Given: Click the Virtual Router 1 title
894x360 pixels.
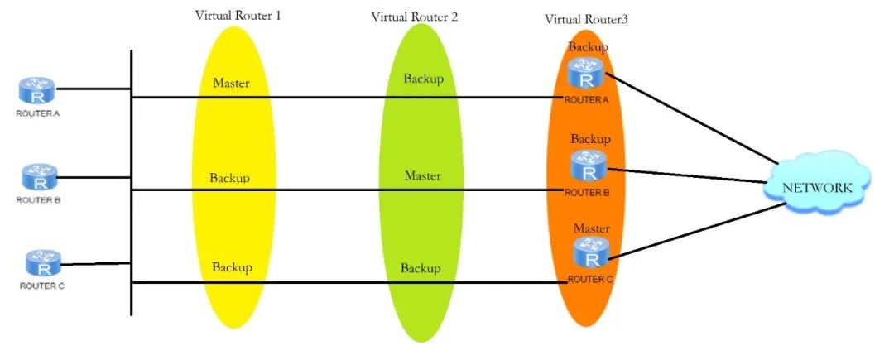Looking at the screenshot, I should [x=238, y=17].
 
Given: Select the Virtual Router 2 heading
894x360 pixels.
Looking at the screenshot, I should [x=415, y=17].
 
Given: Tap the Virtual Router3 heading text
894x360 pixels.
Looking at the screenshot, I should [x=585, y=19].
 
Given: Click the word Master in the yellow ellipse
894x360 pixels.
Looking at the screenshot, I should [x=231, y=84].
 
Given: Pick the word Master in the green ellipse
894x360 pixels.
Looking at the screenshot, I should [x=422, y=176].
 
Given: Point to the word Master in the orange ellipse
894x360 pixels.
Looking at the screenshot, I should [x=592, y=228].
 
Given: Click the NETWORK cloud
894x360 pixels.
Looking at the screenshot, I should [x=817, y=187].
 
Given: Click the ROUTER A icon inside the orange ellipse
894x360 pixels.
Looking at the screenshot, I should [x=587, y=75].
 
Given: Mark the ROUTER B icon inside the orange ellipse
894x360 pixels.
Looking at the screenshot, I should [x=589, y=166].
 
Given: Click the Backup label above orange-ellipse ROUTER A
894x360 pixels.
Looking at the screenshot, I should [x=588, y=47].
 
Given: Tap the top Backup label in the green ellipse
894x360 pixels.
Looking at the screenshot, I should [x=423, y=79].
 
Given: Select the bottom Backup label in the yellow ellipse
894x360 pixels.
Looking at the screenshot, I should [x=232, y=267].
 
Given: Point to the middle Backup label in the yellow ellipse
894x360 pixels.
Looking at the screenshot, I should [x=229, y=178].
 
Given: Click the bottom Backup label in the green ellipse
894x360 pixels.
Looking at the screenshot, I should [x=421, y=269].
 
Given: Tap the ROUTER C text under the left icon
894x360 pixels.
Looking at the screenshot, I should [x=37, y=286].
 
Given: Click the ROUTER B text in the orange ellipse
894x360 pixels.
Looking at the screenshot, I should [x=587, y=192].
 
